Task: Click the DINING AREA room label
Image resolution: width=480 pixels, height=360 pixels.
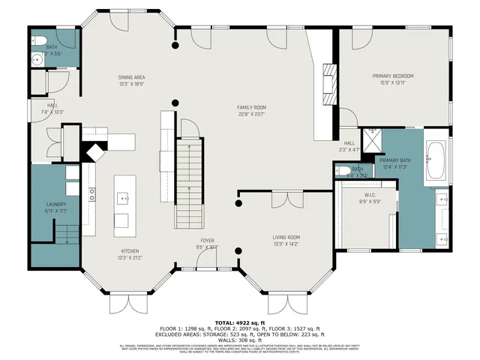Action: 131,77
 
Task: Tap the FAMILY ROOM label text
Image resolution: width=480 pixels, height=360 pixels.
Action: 252,107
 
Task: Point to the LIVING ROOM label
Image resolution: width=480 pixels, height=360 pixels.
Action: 286,237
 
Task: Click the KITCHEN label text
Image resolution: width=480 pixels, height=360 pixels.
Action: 130,251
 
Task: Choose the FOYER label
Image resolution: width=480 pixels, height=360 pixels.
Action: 207,240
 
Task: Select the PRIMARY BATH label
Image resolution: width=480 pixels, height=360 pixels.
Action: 393,160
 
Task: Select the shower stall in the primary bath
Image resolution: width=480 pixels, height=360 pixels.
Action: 373,139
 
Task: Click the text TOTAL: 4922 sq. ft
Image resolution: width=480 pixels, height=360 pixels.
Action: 240,321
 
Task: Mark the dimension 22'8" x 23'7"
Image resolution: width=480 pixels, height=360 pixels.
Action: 252,115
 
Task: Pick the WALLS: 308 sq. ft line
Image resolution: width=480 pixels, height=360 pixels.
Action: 240,340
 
